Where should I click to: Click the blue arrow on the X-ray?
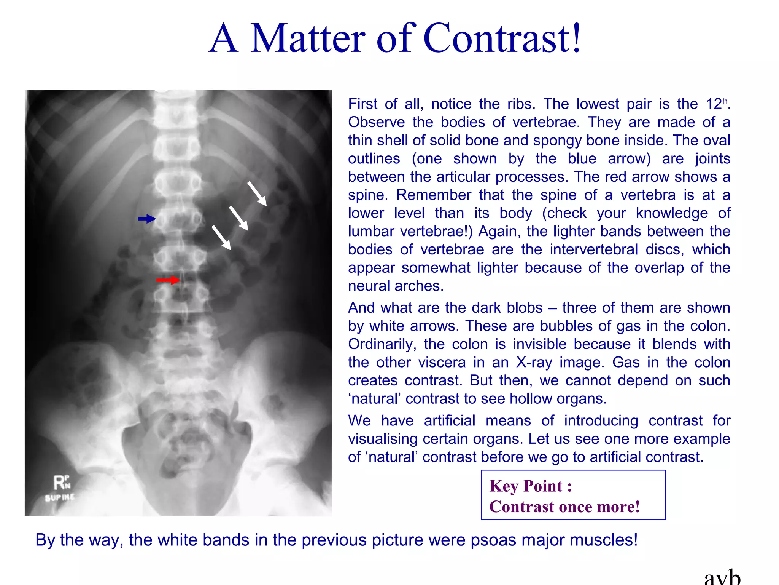[x=147, y=219]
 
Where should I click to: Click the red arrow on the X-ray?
[x=168, y=280]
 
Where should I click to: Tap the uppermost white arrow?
[x=257, y=193]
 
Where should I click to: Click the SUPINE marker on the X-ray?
[x=60, y=497]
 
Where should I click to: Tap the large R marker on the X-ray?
[x=59, y=483]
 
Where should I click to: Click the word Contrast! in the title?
[x=502, y=38]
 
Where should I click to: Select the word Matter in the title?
[x=308, y=38]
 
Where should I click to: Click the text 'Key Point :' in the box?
[x=531, y=486]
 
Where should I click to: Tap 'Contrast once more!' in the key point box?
[x=564, y=507]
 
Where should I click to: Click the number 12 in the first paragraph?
[x=714, y=104]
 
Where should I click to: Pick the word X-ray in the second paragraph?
[x=534, y=362]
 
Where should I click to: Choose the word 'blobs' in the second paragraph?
[x=524, y=308]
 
